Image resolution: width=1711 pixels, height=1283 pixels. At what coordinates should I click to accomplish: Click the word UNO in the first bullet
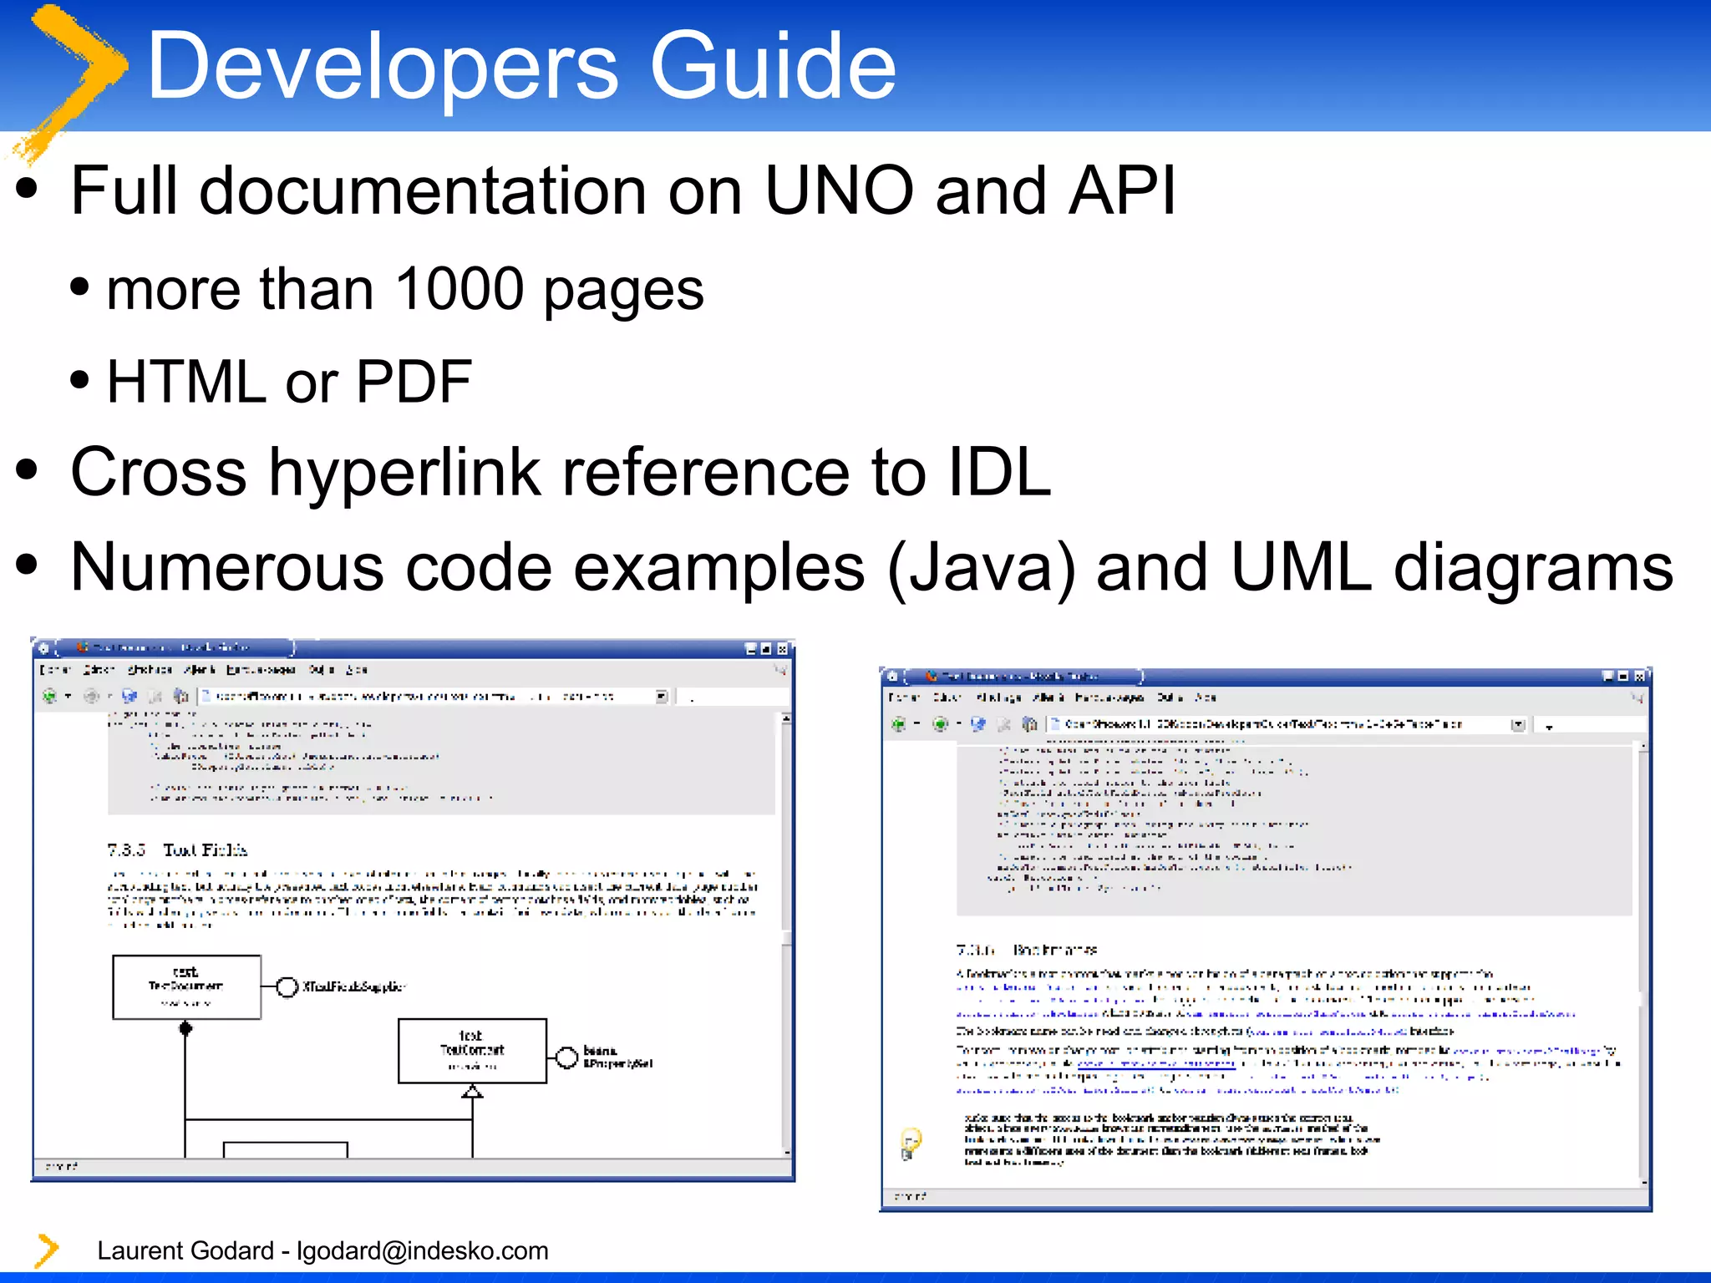click(839, 190)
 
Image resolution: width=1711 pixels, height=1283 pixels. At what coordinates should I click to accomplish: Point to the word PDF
click(414, 382)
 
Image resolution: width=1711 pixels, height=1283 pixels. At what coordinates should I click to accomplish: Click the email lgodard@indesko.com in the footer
click(423, 1250)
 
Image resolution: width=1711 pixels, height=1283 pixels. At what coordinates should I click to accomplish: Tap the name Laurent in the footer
click(142, 1250)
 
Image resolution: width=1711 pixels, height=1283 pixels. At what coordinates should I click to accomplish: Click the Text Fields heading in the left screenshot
click(205, 850)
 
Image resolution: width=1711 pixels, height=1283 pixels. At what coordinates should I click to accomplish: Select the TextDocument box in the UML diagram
click(186, 986)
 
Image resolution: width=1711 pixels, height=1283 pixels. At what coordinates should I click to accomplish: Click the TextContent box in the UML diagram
click(472, 1050)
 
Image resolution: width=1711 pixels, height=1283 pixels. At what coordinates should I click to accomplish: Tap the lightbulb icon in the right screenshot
click(910, 1142)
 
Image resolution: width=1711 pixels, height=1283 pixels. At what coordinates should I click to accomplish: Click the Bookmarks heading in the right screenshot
click(1054, 950)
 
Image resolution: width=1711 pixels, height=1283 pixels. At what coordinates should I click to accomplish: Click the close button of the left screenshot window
click(783, 648)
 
